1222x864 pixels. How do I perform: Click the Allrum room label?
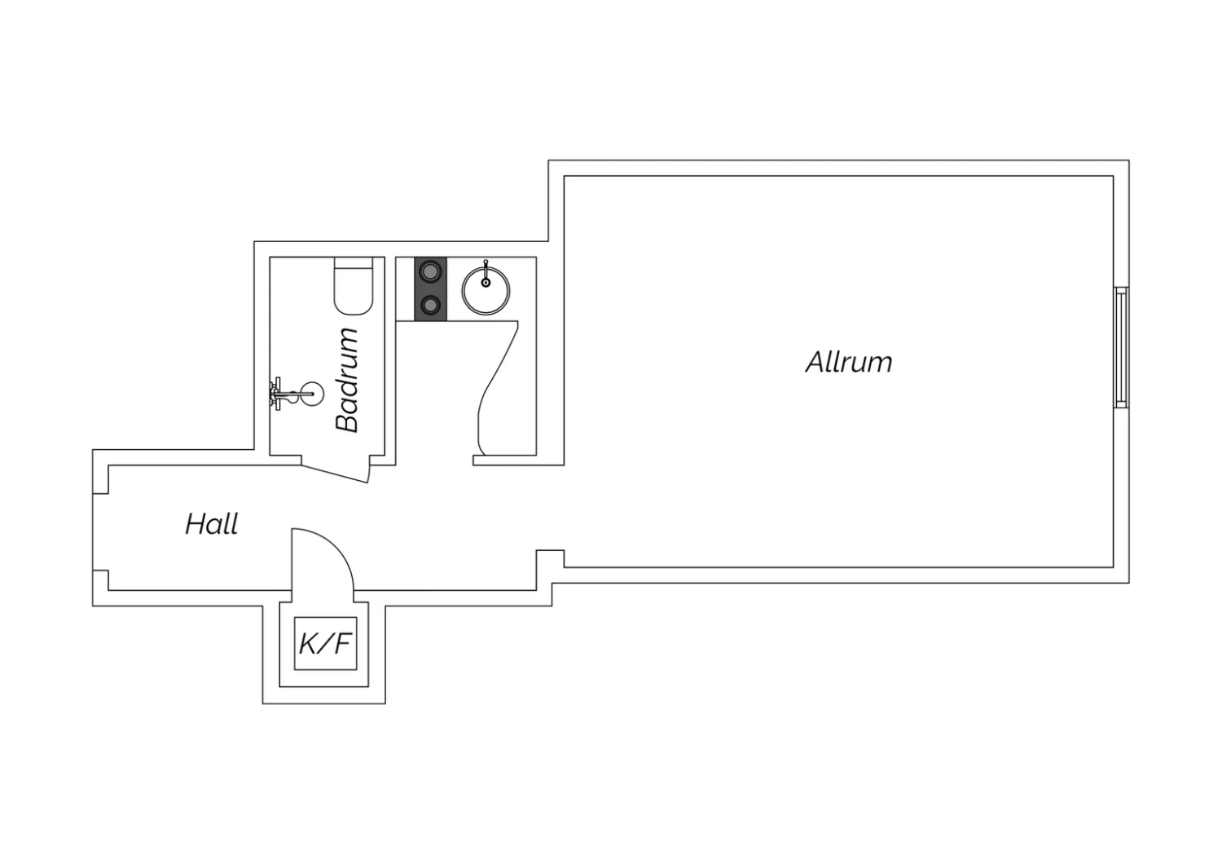[849, 362]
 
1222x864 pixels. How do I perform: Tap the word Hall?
[212, 524]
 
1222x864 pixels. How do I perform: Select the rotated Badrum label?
[347, 380]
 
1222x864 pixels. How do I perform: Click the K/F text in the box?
[324, 644]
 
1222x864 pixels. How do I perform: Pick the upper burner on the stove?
[431, 271]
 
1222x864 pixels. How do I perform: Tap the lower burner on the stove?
[431, 306]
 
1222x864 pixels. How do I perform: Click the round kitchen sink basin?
[486, 290]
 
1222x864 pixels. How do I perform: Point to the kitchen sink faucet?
[486, 274]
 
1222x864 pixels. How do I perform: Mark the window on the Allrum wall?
[1122, 347]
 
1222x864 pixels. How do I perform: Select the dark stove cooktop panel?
[430, 289]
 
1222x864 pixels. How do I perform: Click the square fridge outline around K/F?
[326, 643]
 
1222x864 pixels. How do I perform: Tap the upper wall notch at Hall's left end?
[101, 479]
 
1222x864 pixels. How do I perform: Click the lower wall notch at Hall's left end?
[101, 580]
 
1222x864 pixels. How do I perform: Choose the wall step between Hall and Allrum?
[550, 558]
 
